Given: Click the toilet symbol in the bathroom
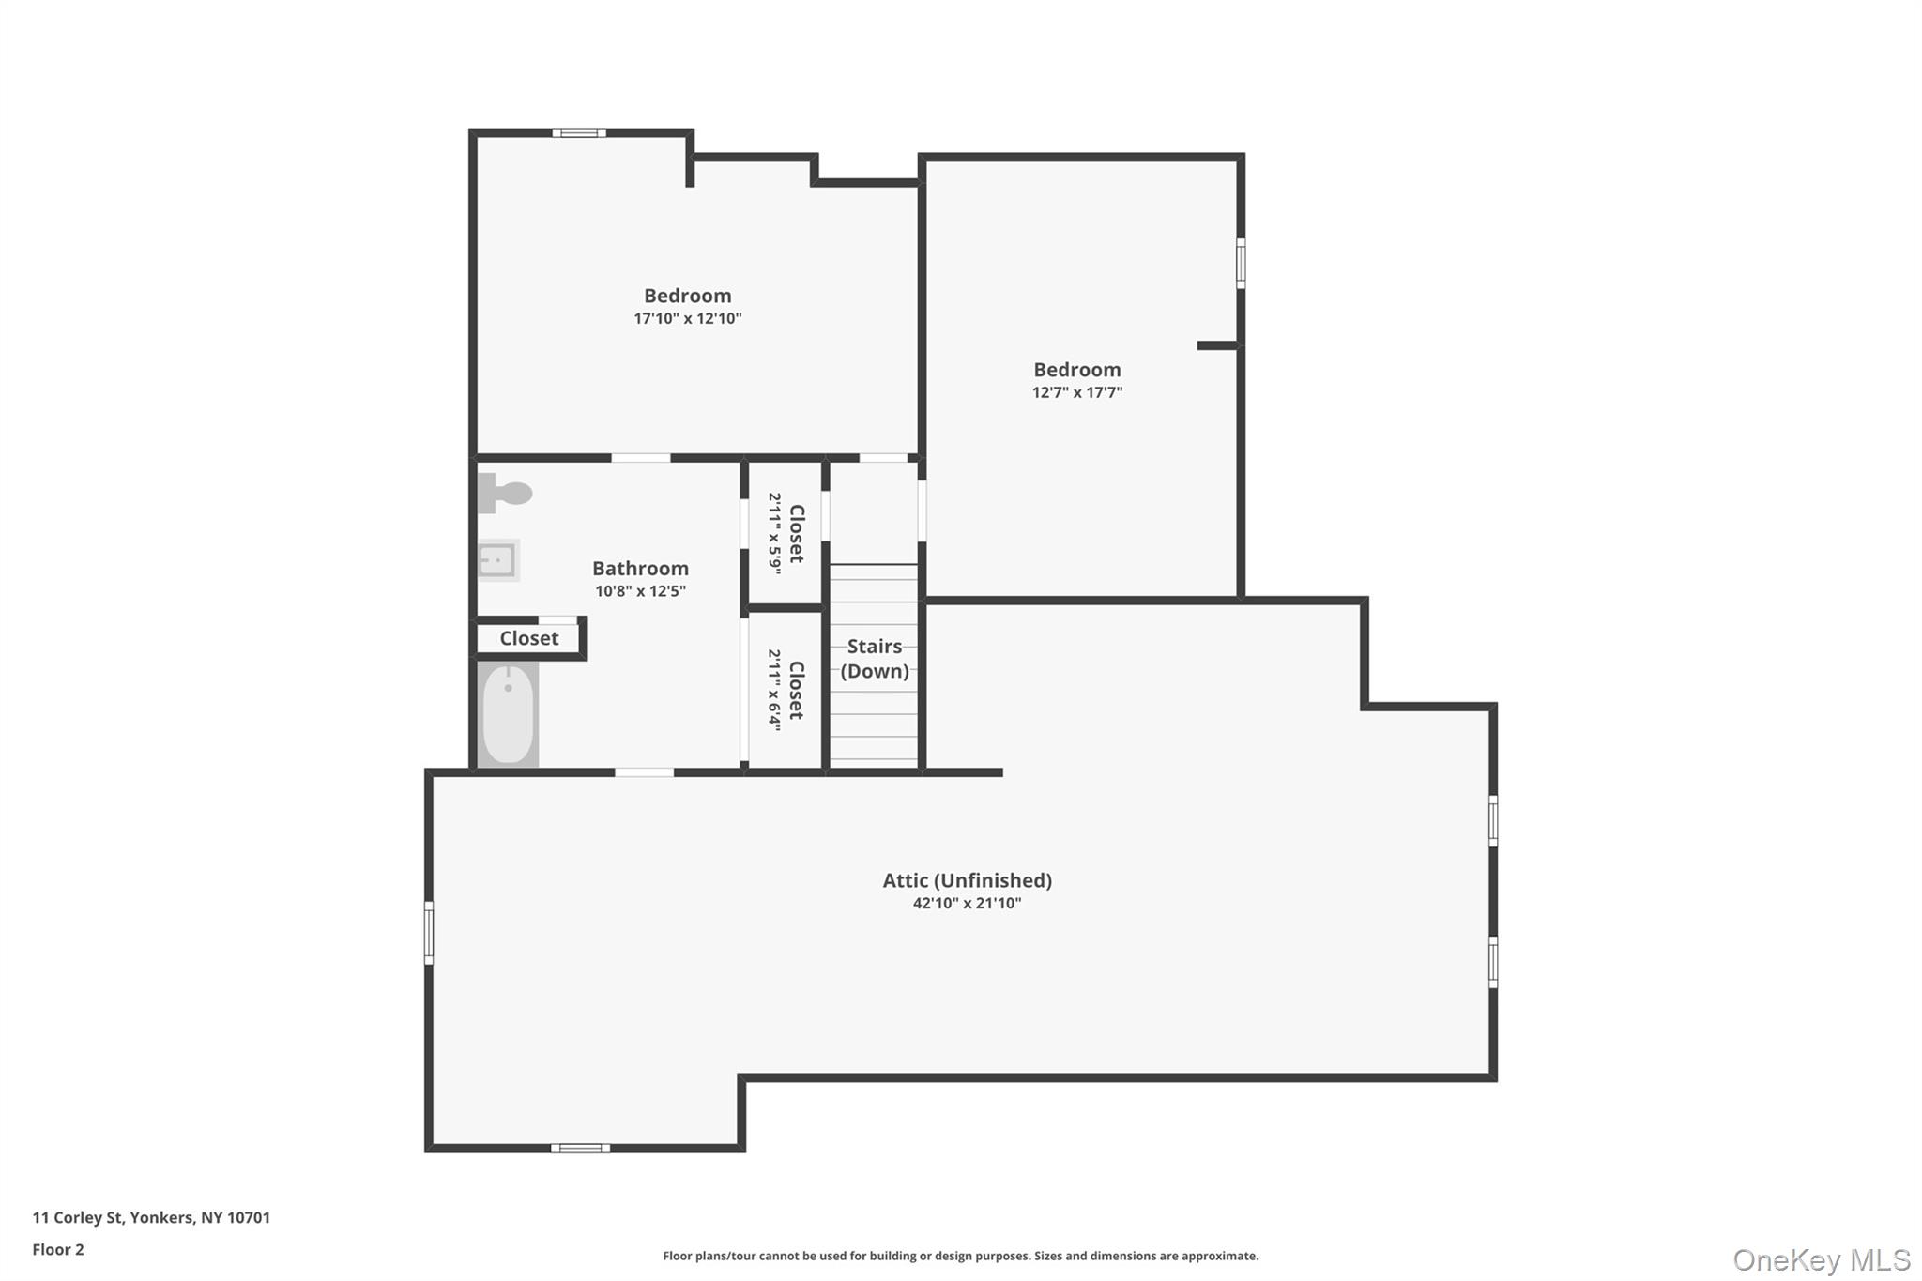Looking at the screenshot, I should point(506,493).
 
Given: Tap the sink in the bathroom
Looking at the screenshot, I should point(497,560).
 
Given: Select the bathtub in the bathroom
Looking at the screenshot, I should point(508,714).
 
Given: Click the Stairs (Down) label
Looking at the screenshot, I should point(874,658).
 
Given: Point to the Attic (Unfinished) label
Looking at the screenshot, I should point(967,880).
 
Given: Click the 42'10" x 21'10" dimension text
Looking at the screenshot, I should point(967,903).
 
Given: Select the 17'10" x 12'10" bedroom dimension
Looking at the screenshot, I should point(687,318).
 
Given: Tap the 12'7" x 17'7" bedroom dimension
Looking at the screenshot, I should point(1076,392).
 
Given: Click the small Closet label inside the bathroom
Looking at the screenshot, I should point(528,638).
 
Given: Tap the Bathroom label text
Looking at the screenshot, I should point(640,569).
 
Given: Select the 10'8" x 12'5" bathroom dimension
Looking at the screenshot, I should point(640,591).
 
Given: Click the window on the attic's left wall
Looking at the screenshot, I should point(429,932).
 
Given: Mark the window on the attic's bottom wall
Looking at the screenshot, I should point(580,1148).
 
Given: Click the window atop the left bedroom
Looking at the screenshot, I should point(578,133).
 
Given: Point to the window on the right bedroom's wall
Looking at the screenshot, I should point(1241,263).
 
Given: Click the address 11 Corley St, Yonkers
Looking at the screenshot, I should point(151,1217).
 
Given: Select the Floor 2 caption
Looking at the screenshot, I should point(58,1249).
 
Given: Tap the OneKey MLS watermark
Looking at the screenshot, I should point(1821,1259).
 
